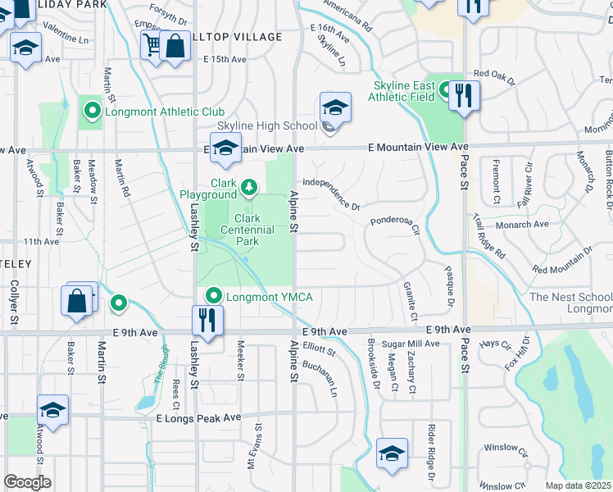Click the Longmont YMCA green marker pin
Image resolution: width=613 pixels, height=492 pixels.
pos(215,295)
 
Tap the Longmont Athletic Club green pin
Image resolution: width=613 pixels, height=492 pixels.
pos(91,111)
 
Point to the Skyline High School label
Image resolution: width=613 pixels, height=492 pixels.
pos(266,125)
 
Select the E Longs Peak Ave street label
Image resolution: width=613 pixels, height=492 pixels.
pos(199,417)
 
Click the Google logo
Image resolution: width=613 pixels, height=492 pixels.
pos(27,482)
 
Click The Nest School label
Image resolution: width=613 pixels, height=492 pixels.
pos(570,297)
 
